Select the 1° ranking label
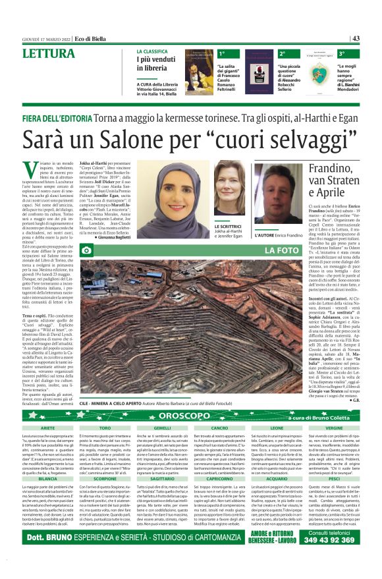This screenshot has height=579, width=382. pyautogui.click(x=222, y=53)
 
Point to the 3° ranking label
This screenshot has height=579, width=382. pyautogui.click(x=342, y=53)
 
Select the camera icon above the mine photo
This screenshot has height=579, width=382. pyautogui.click(x=86, y=250)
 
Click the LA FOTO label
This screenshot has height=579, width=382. pyautogui.click(x=281, y=250)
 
